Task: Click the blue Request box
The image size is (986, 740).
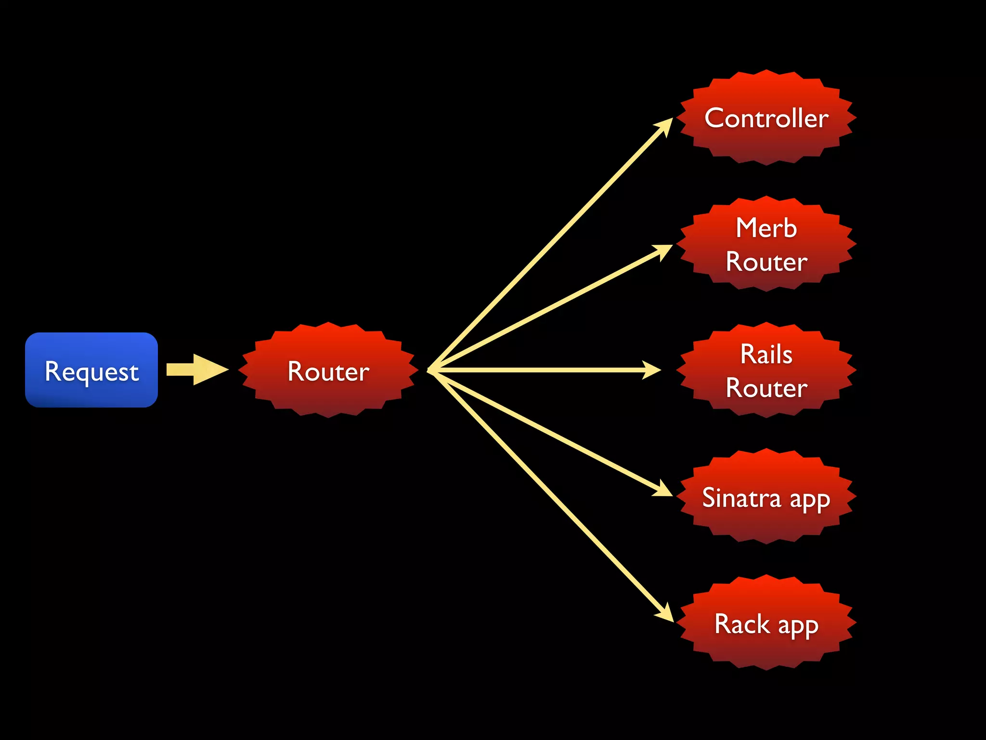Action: pyautogui.click(x=91, y=370)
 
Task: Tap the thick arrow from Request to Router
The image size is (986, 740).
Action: pyautogui.click(x=197, y=370)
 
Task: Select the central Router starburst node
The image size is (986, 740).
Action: pyautogui.click(x=328, y=370)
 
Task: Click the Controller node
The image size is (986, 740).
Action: pyautogui.click(x=766, y=118)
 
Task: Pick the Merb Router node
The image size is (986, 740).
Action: pyautogui.click(x=766, y=244)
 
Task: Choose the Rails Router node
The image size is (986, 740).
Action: pyautogui.click(x=766, y=370)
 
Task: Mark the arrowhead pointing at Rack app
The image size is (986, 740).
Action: pyautogui.click(x=665, y=613)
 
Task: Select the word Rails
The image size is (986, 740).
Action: pyautogui.click(x=766, y=354)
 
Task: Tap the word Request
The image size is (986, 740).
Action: pyautogui.click(x=91, y=371)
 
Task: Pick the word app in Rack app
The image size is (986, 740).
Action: pyautogui.click(x=798, y=626)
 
